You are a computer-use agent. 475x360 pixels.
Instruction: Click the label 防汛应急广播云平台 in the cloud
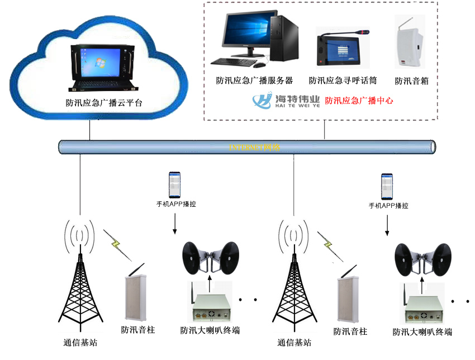click(x=104, y=103)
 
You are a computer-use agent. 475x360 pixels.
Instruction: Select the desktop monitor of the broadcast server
click(x=246, y=34)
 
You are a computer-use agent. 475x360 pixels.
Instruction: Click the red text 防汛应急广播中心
click(x=359, y=101)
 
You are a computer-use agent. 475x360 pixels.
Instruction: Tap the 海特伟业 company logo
click(x=286, y=101)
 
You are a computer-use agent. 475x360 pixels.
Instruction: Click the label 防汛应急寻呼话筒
click(x=342, y=81)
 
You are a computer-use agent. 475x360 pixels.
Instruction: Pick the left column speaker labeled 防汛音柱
click(x=136, y=296)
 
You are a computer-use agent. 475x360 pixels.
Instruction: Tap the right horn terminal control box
click(x=422, y=309)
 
